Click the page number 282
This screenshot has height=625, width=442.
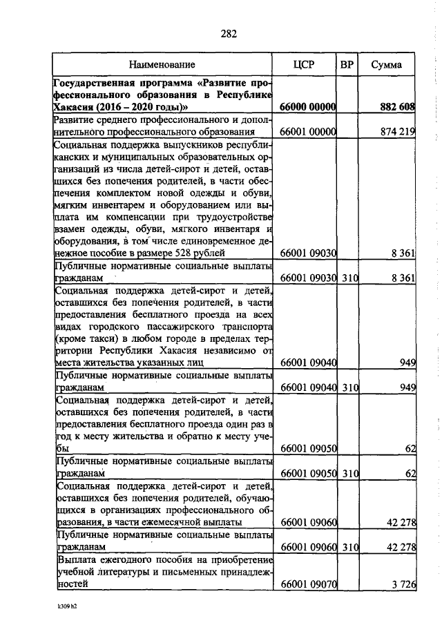[229, 34]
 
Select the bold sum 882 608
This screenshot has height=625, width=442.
[397, 107]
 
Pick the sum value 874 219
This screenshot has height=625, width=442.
[397, 131]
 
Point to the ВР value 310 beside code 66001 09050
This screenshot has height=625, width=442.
[350, 473]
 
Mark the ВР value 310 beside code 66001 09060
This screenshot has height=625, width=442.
[350, 547]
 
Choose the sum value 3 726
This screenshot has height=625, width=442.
[402, 584]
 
